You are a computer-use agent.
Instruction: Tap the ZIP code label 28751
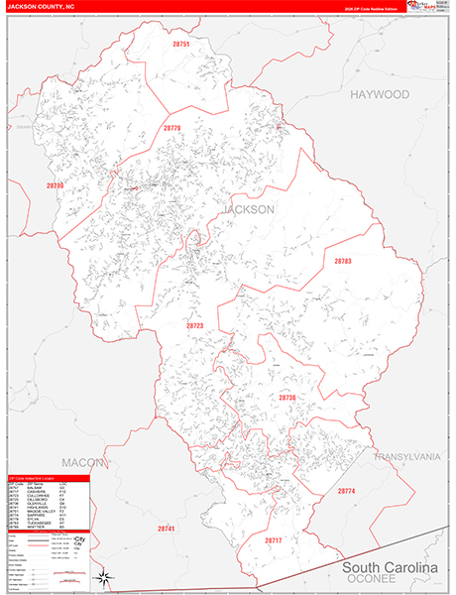click(179, 46)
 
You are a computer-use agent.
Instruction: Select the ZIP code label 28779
click(171, 128)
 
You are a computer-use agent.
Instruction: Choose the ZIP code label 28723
click(194, 324)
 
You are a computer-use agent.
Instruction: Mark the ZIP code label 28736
click(286, 397)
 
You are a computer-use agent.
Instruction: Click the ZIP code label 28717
click(274, 539)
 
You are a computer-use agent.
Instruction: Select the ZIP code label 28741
click(166, 529)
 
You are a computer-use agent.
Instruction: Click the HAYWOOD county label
click(379, 94)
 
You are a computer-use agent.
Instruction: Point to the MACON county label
click(82, 462)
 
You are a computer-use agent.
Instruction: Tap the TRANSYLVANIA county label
click(406, 456)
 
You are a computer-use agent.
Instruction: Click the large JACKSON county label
click(249, 210)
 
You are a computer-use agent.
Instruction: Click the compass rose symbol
click(102, 577)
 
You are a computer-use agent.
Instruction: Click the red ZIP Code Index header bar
click(48, 476)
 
